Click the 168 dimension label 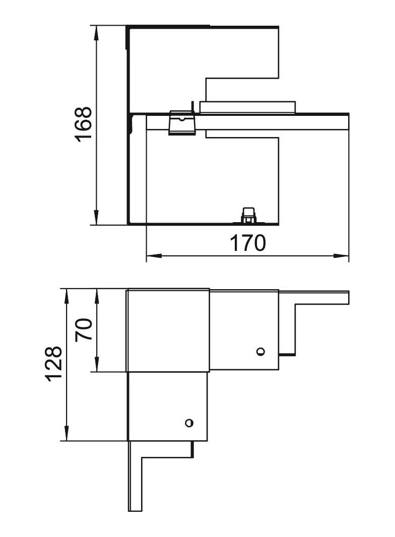tap(83, 124)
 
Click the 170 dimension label tap(247, 243)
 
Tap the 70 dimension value tap(84, 329)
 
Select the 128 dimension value tap(54, 364)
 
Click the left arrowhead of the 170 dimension tap(154, 255)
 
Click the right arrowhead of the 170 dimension tap(341, 255)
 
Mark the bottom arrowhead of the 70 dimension tap(97, 364)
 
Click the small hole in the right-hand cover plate tap(260, 352)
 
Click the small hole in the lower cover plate tap(189, 423)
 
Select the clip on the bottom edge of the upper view tap(248, 216)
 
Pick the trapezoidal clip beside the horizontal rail tap(182, 122)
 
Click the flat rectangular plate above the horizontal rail tap(247, 107)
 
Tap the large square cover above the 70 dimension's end tap(168, 330)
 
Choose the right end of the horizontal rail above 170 tap(349, 121)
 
